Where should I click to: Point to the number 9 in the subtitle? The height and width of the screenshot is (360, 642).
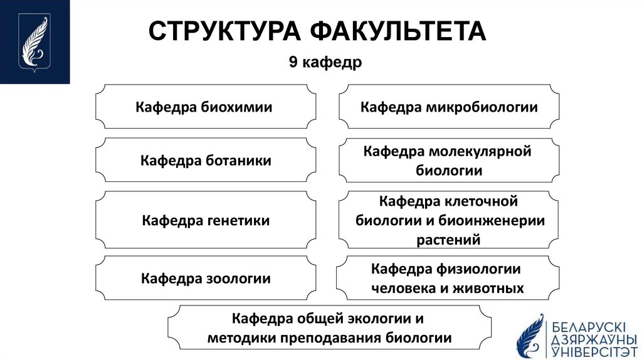tap(293, 63)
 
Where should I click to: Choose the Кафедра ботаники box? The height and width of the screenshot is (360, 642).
tap(206, 161)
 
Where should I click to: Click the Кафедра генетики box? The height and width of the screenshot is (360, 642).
tap(206, 220)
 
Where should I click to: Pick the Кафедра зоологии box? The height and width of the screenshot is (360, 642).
tap(206, 278)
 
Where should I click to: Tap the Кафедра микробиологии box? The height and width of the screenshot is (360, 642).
tap(449, 107)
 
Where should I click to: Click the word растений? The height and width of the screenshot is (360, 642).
tap(448, 240)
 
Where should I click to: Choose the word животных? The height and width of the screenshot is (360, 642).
tap(492, 289)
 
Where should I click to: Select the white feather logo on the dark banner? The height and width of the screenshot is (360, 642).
tap(34, 41)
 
